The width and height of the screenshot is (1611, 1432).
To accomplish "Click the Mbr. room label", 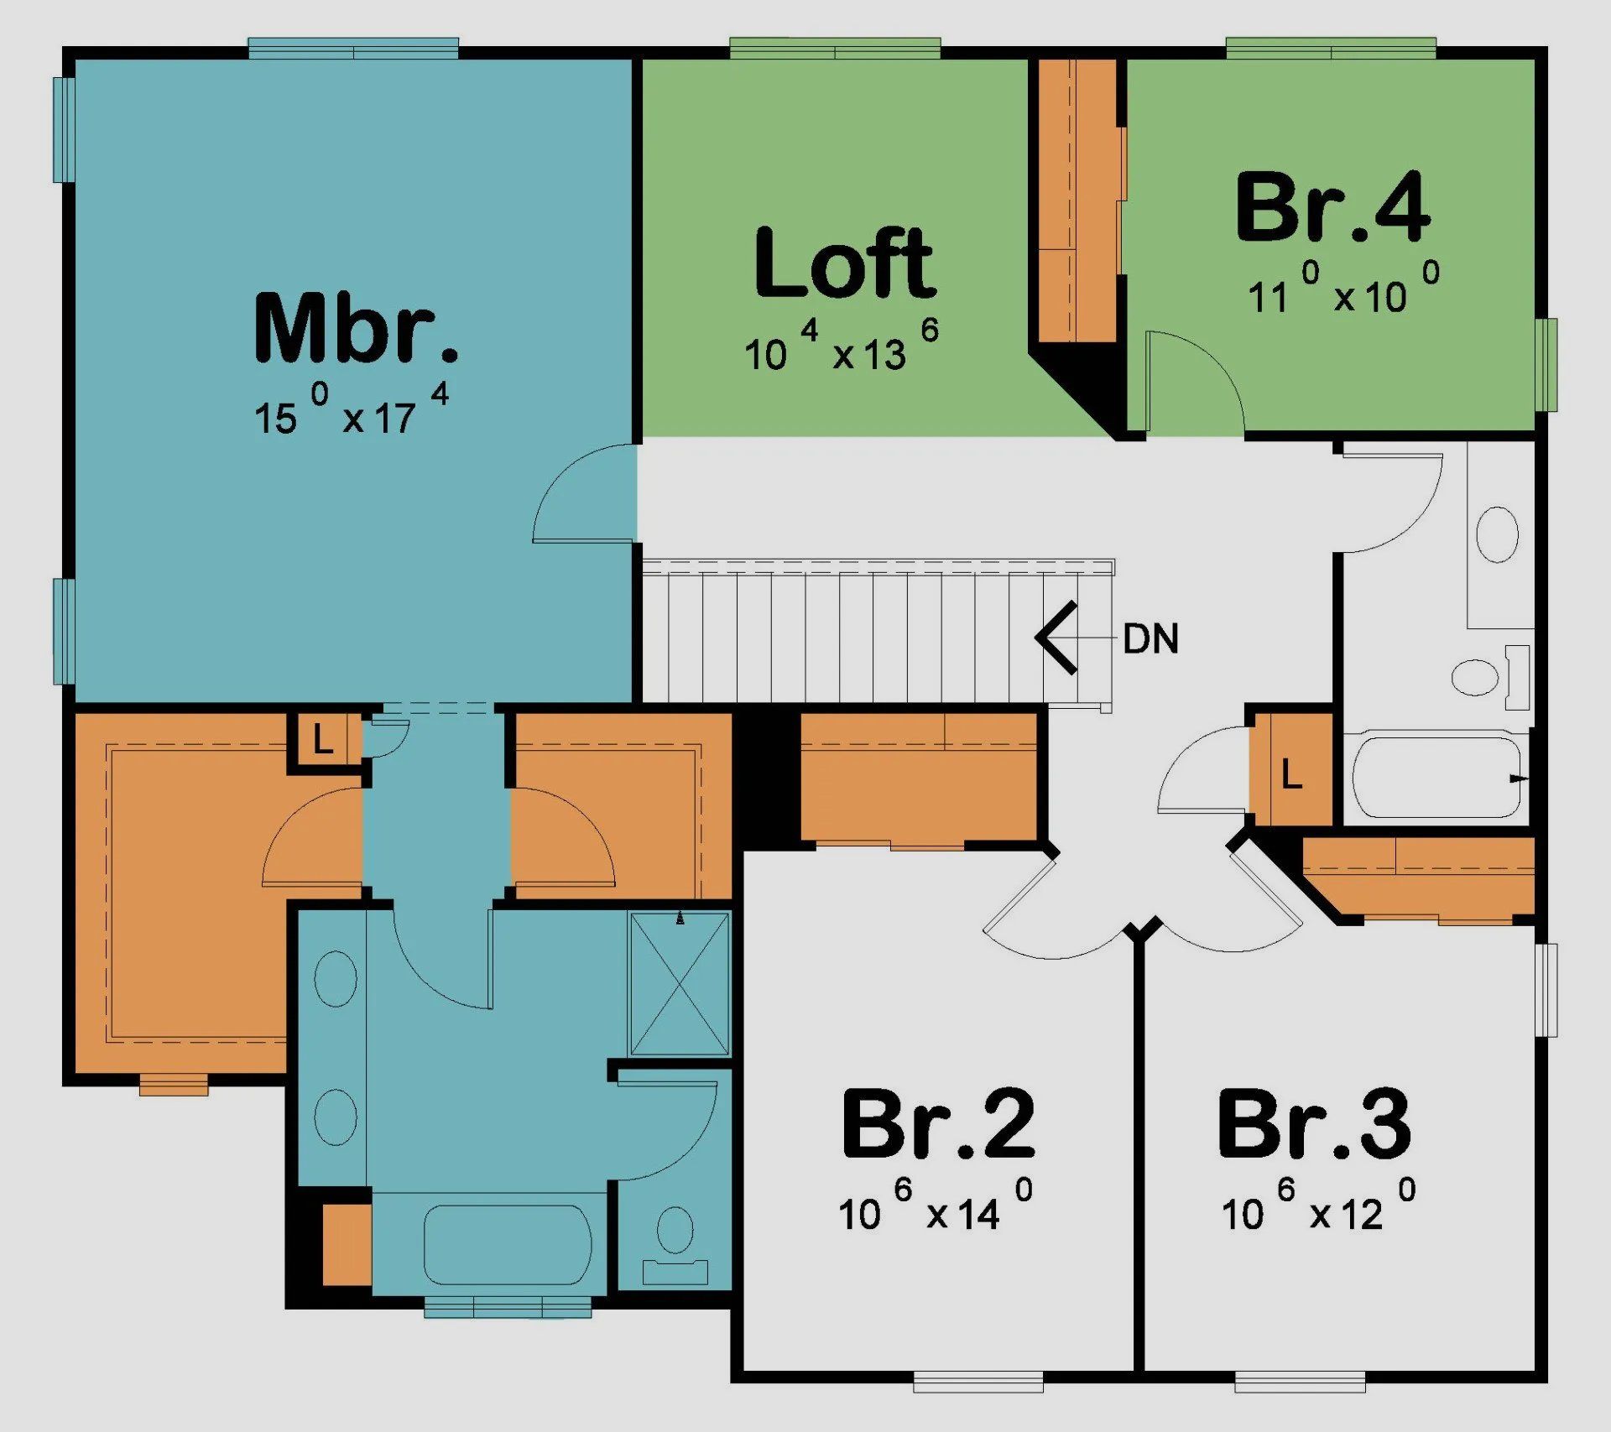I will click(356, 329).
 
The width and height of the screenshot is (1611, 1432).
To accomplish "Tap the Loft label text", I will click(844, 263).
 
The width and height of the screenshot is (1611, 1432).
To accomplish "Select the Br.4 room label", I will click(1332, 207).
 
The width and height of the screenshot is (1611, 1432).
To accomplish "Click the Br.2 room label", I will click(938, 1124).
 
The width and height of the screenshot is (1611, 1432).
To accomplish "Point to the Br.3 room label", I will click(1314, 1124).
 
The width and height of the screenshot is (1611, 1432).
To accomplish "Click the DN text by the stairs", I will click(1150, 639).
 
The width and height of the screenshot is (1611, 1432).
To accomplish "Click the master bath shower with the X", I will click(680, 984).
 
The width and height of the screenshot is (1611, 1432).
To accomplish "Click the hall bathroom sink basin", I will click(1497, 534).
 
